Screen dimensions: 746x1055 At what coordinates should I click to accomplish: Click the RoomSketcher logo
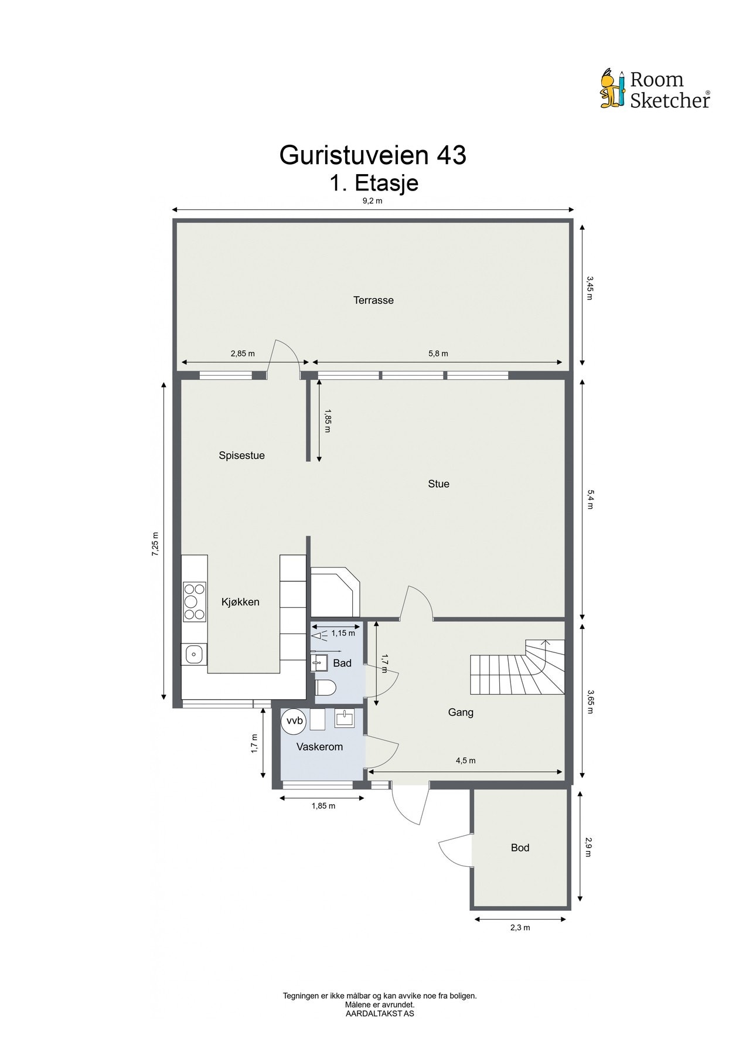655,89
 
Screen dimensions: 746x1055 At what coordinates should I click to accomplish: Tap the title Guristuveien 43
373,155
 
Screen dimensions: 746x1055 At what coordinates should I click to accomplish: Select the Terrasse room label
373,300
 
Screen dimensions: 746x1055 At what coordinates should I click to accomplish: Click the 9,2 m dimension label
372,201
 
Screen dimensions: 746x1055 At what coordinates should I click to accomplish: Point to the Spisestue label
241,455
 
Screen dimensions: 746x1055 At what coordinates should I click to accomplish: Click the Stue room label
438,484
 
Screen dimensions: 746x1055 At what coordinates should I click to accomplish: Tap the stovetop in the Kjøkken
195,601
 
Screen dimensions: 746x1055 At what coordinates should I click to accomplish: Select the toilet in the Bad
325,688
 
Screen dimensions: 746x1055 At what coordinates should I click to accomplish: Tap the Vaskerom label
319,747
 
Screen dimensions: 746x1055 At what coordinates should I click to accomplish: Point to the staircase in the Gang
517,666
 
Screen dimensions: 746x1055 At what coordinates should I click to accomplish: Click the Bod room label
520,848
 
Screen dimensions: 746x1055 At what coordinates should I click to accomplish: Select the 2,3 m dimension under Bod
520,928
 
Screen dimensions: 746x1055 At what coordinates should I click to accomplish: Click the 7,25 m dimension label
155,545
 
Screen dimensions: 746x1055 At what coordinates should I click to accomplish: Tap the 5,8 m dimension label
438,353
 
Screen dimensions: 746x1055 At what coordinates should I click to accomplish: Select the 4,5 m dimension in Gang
465,761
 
